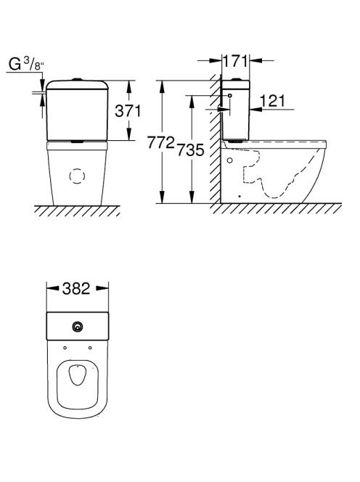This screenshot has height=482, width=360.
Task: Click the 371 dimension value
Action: click(128, 110)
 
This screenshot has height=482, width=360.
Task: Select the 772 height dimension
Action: click(161, 142)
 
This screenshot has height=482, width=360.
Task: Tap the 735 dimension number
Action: click(190, 150)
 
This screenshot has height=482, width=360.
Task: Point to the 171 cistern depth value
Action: click(235, 61)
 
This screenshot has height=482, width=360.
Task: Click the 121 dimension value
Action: click(272, 101)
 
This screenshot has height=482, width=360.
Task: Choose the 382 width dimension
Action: click(76, 288)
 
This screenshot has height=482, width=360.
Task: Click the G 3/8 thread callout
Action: click(26, 65)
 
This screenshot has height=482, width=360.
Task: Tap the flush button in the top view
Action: click(78, 327)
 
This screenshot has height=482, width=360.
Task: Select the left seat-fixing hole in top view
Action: click(65, 348)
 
